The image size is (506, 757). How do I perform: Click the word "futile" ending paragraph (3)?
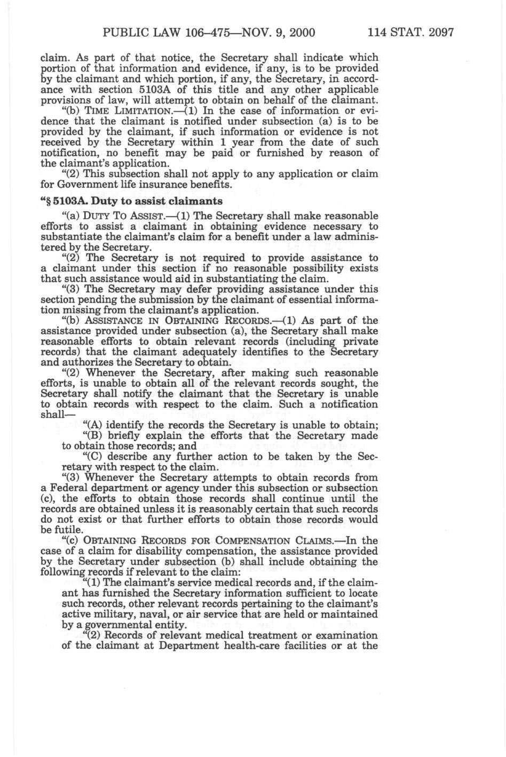(x=68, y=530)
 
